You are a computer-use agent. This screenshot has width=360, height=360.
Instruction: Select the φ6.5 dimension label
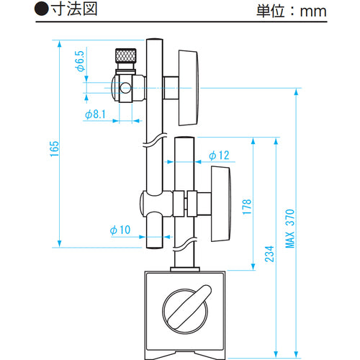point(80,61)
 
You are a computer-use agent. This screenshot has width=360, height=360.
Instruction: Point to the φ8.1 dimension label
point(95,114)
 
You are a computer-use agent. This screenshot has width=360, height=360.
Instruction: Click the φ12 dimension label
point(219,156)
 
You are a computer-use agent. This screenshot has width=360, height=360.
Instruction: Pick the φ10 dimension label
point(119,230)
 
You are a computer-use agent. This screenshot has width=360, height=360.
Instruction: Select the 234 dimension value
point(269,254)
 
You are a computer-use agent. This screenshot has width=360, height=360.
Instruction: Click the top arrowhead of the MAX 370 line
point(295,93)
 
